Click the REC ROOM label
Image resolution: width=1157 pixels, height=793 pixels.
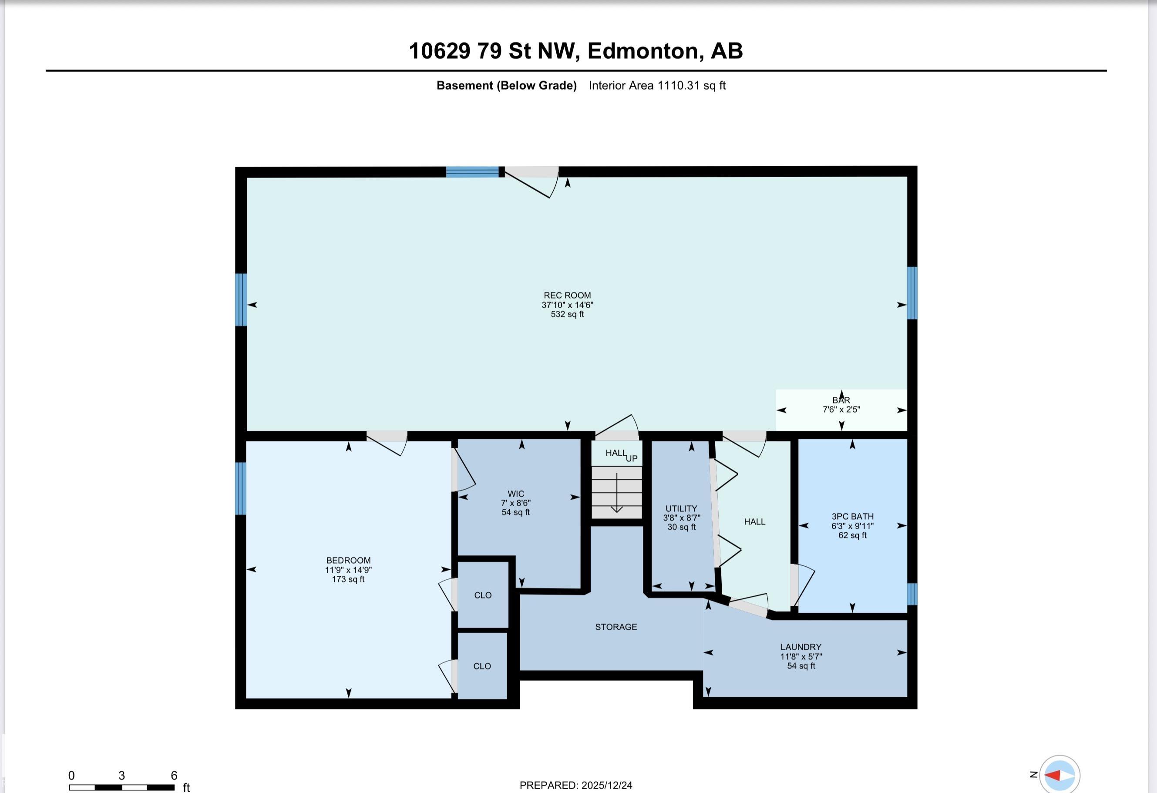[567, 295]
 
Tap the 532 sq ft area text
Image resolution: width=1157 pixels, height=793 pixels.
[567, 314]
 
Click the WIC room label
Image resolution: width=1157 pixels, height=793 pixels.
[516, 494]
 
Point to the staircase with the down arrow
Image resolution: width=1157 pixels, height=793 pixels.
[616, 493]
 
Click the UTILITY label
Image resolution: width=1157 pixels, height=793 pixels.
[681, 508]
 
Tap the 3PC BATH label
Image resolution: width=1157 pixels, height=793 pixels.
[852, 516]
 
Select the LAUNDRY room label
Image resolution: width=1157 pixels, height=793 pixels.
[800, 647]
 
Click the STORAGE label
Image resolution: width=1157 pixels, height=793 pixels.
[616, 627]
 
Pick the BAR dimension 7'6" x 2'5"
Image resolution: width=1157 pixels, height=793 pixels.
[841, 410]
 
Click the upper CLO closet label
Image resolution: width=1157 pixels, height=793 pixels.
[482, 595]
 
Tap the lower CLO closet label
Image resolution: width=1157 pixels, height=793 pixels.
[482, 666]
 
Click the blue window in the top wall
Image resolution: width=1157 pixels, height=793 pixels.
[472, 172]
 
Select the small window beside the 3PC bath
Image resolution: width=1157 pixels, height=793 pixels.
[911, 593]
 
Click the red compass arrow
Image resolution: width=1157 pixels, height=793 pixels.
[1053, 776]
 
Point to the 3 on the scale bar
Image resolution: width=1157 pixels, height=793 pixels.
[121, 776]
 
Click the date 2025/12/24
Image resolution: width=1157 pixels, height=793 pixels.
[606, 786]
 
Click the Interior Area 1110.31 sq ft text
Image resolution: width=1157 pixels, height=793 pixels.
[657, 86]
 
